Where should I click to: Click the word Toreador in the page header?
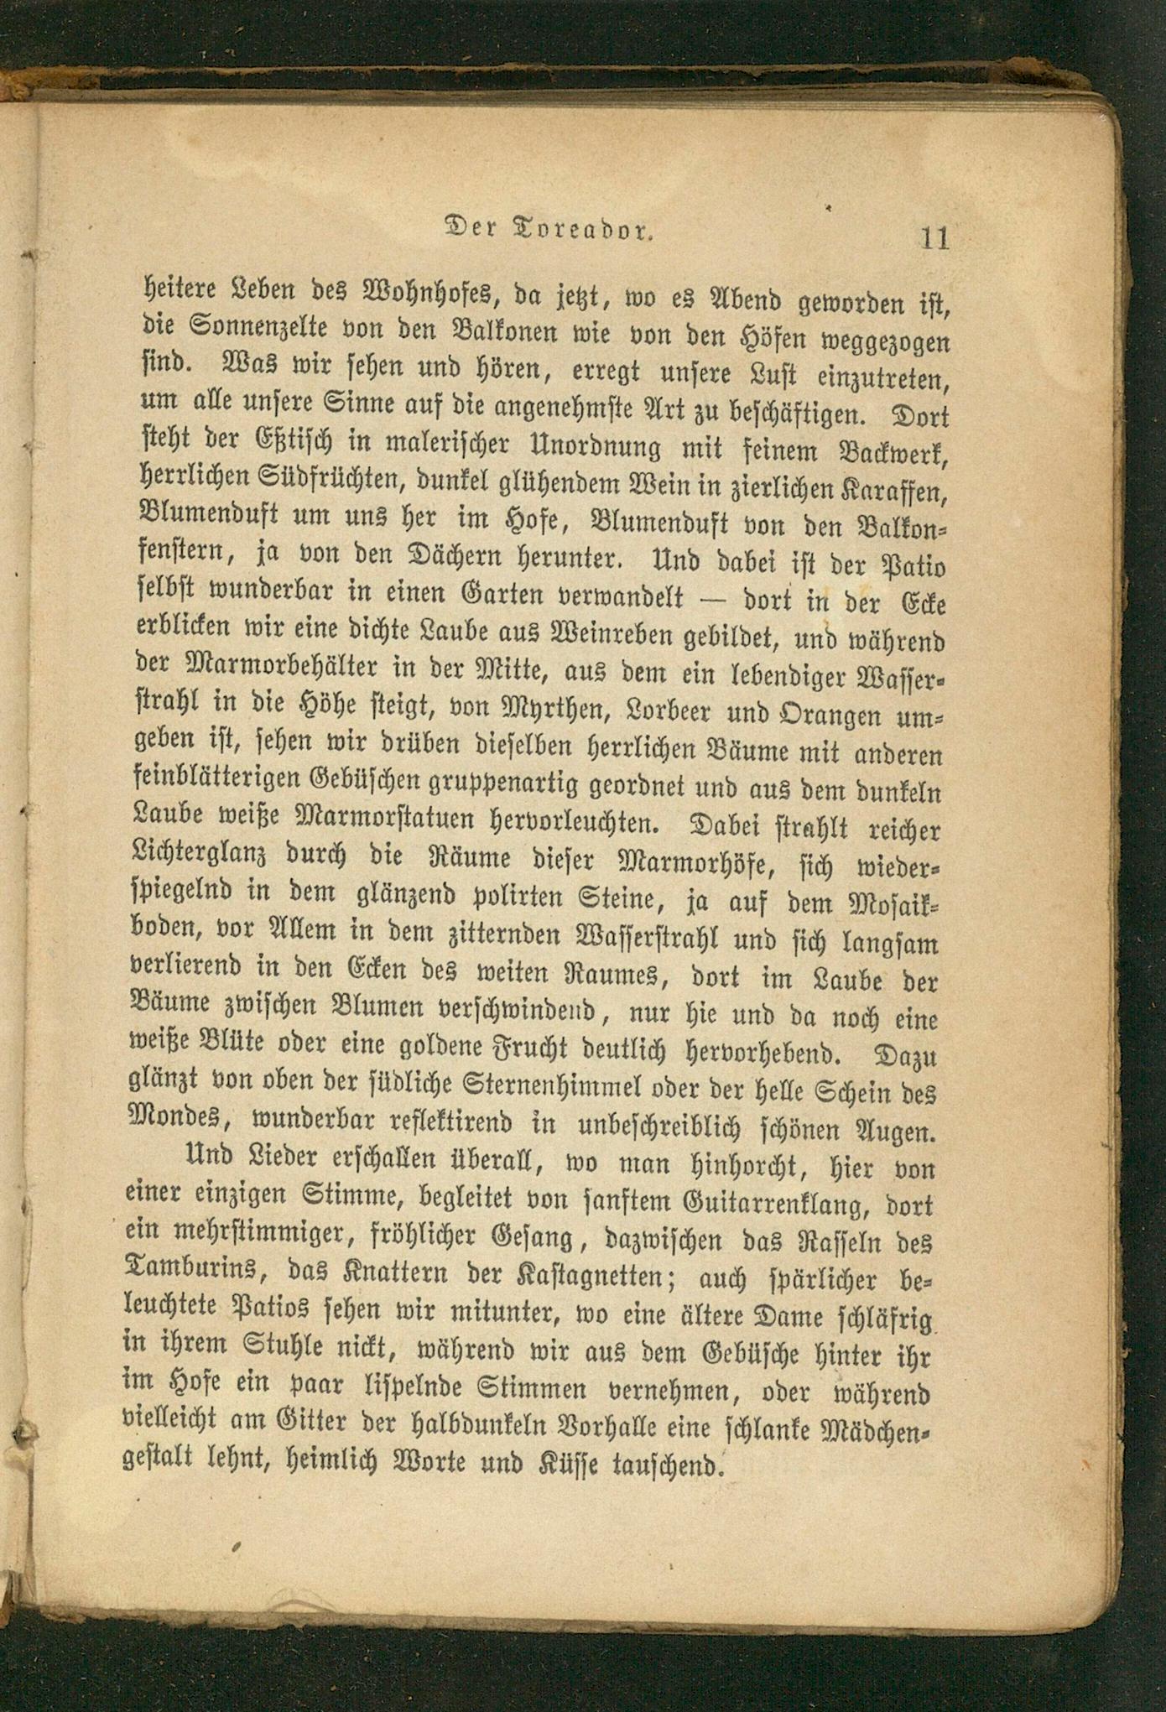585,230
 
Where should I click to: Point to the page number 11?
934,237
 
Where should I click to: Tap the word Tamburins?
195,1270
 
